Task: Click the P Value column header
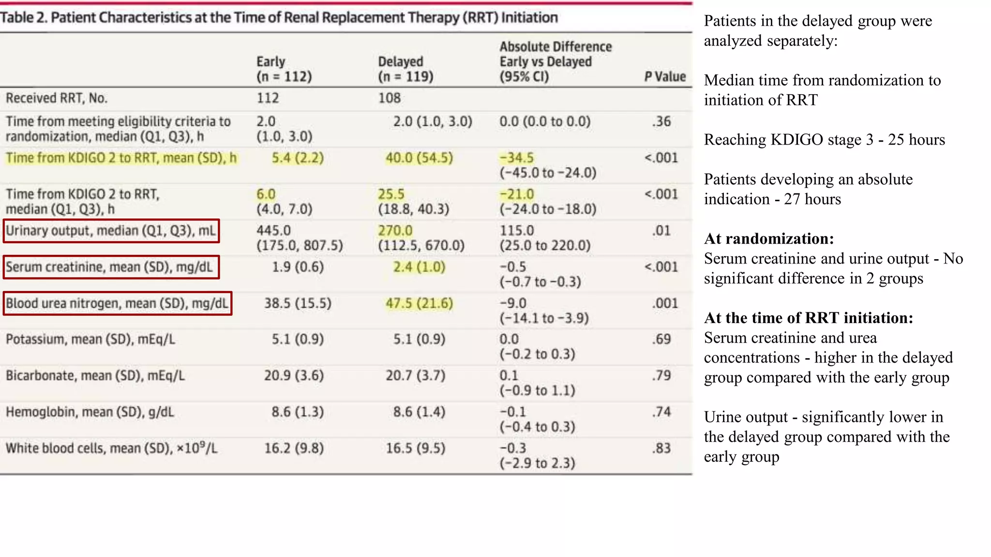click(x=665, y=76)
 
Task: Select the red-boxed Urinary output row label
click(x=111, y=231)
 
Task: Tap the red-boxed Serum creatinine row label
click(x=111, y=267)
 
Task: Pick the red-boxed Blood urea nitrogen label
click(x=117, y=303)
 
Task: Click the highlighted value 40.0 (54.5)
click(x=419, y=158)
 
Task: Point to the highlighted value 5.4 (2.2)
click(x=298, y=158)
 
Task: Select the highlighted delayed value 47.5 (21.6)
click(x=419, y=303)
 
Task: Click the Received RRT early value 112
click(x=268, y=98)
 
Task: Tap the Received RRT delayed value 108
click(x=389, y=98)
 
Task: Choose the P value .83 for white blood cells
click(x=661, y=448)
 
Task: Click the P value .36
click(x=661, y=121)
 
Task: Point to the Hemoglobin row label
click(x=90, y=412)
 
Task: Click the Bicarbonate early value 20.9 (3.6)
click(x=294, y=376)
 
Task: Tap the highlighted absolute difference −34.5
click(x=516, y=158)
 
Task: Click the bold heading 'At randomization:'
click(x=769, y=239)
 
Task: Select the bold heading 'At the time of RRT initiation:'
click(x=808, y=318)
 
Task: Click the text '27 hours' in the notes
click(x=812, y=199)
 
